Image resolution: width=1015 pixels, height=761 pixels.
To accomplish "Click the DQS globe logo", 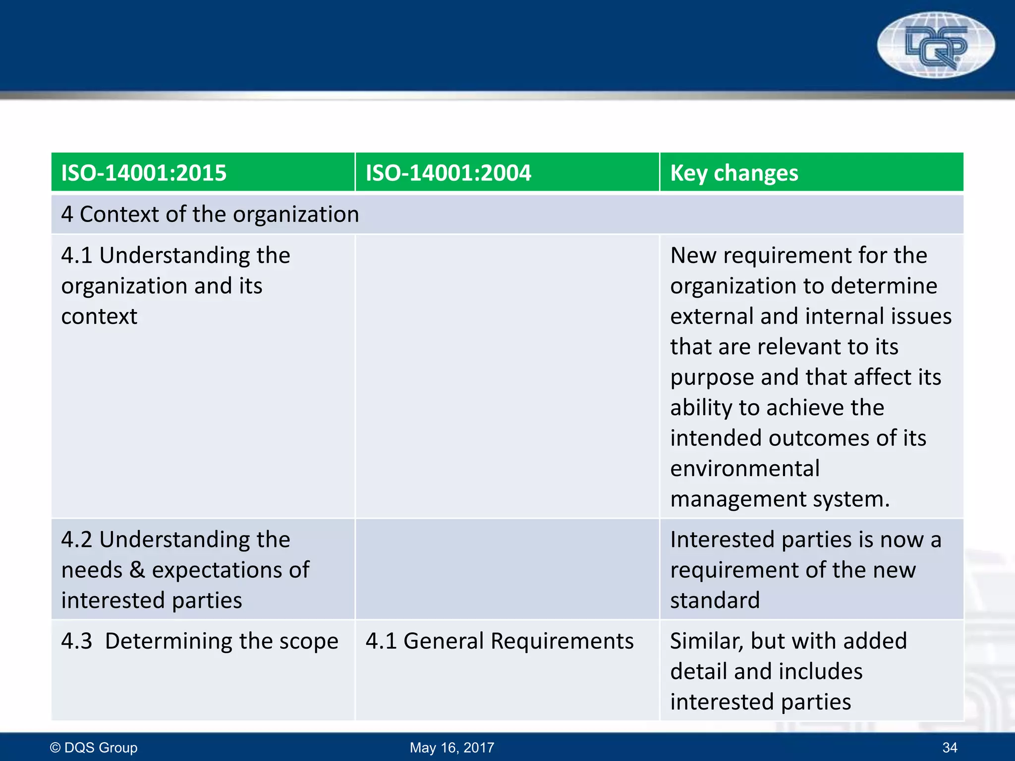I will click(x=936, y=45).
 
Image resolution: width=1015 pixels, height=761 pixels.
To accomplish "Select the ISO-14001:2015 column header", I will click(x=144, y=173).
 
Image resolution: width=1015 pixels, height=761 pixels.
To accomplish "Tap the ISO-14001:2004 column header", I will click(x=448, y=173).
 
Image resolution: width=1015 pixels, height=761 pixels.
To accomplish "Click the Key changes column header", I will click(x=734, y=173).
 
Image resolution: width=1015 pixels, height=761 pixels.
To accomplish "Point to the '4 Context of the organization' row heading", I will click(x=210, y=215).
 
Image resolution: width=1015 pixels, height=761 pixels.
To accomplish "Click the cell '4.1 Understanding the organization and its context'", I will click(x=175, y=286).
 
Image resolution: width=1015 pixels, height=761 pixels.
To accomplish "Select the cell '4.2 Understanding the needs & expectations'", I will click(x=185, y=570).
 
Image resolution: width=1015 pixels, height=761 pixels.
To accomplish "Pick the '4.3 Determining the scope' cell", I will click(x=200, y=641).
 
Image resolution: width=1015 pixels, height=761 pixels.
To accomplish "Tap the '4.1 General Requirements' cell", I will click(x=500, y=641).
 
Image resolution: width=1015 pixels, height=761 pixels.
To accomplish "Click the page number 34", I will click(x=950, y=747).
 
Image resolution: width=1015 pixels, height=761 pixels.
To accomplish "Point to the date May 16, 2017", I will click(x=452, y=747).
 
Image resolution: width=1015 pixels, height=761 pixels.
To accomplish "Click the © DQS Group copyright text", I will click(x=94, y=747).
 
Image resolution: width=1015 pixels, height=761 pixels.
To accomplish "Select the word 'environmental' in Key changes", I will click(x=745, y=469).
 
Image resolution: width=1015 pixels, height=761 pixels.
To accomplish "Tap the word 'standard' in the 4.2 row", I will click(x=715, y=600).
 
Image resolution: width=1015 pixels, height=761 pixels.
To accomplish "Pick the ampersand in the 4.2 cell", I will click(x=137, y=570).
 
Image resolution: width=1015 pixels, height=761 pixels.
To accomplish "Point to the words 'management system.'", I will click(x=780, y=499).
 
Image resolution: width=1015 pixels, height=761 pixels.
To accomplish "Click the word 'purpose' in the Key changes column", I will click(x=712, y=378).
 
